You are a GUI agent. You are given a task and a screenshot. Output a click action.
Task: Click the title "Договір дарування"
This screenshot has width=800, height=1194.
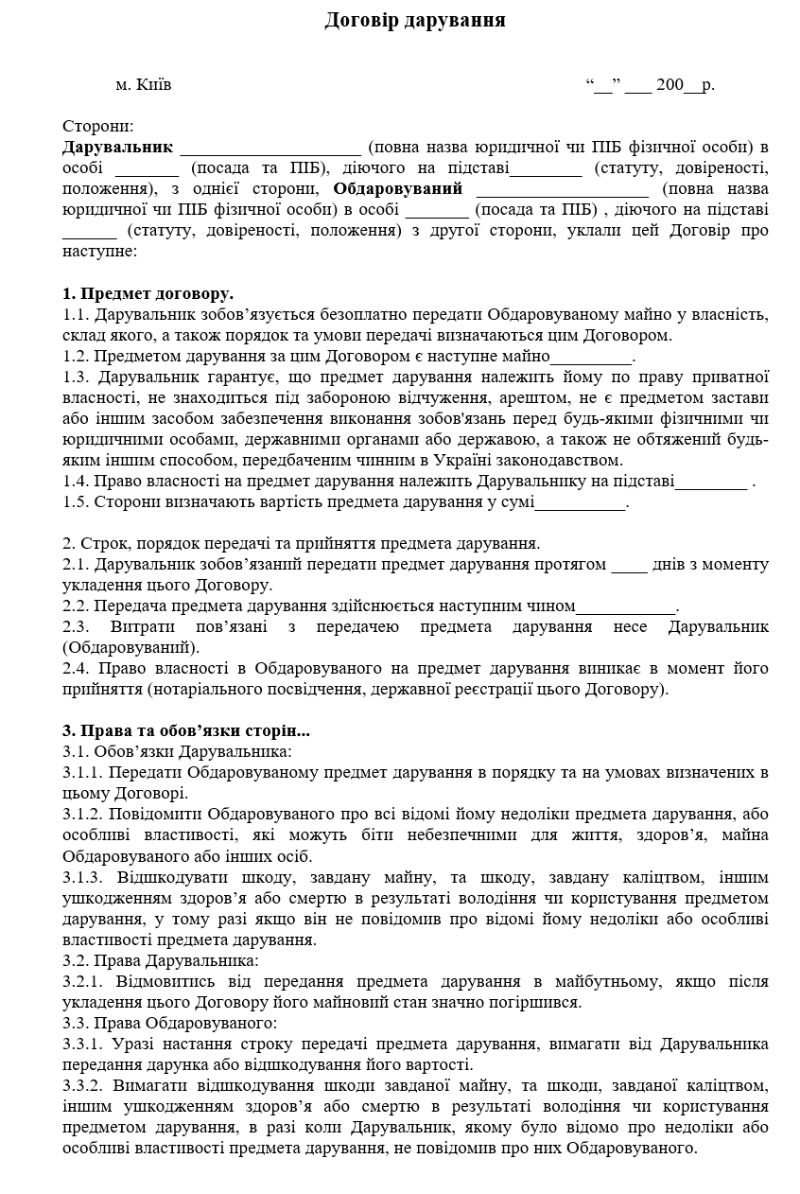point(415,20)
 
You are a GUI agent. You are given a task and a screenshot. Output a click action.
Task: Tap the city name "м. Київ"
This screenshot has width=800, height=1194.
point(144,85)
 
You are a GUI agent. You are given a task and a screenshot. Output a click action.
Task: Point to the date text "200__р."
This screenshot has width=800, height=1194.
point(686,85)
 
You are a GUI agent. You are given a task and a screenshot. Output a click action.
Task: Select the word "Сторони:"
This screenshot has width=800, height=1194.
point(98,127)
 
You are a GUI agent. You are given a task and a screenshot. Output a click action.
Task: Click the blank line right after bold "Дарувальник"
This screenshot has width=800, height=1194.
point(270,149)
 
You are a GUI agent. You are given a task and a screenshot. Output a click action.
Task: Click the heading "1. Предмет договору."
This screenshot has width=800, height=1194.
point(148,293)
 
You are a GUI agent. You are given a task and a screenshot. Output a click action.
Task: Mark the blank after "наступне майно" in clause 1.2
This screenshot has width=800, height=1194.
point(591,357)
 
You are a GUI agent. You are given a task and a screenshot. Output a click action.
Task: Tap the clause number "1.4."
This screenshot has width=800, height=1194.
point(76,482)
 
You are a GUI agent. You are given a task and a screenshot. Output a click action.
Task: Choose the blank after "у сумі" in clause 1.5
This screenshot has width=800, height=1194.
point(580,502)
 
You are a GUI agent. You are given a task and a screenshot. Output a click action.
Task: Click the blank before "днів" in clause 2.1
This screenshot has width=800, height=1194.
point(629,565)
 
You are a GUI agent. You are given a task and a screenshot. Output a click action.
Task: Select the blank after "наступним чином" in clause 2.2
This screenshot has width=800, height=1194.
point(626,606)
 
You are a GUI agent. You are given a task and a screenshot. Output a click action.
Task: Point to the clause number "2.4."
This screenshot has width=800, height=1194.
point(76,669)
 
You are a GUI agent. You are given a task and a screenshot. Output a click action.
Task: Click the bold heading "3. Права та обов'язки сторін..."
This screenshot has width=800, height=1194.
point(186,731)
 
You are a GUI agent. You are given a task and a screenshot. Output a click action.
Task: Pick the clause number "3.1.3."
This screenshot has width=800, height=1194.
point(85,877)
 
